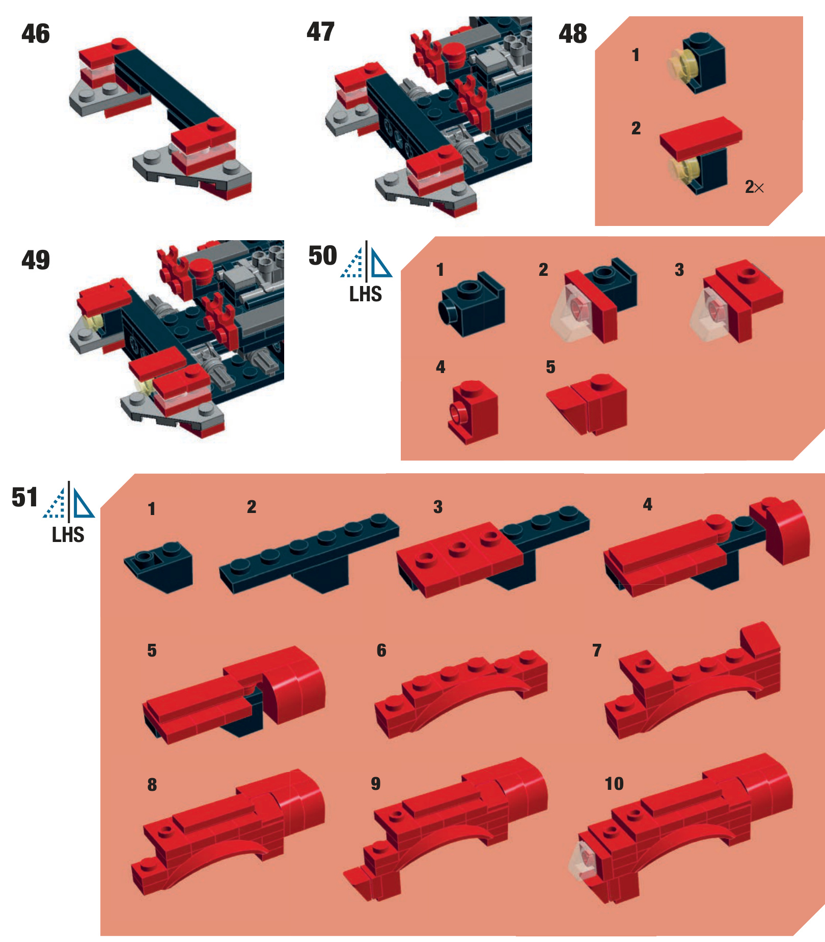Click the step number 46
click(x=36, y=34)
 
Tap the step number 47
click(x=320, y=32)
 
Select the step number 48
click(x=573, y=34)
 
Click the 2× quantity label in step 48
click(x=754, y=187)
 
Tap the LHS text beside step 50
click(x=366, y=294)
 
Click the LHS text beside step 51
click(x=68, y=535)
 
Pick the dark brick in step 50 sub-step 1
click(x=472, y=304)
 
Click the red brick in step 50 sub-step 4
click(x=473, y=412)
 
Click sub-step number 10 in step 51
click(x=614, y=783)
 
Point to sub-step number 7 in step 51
click(x=597, y=650)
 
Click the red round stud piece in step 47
click(x=453, y=54)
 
